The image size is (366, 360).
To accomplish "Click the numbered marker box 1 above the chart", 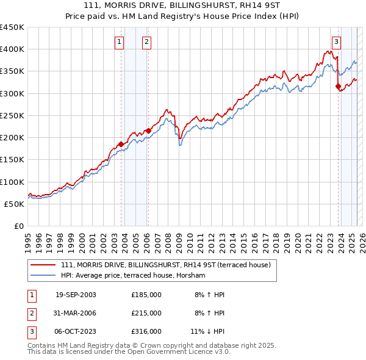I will pyautogui.click(x=118, y=42).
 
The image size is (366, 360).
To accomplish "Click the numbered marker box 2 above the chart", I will pyautogui.click(x=147, y=42).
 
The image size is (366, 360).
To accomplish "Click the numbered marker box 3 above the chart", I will pyautogui.click(x=336, y=42).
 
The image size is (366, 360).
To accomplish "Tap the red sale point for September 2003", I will pyautogui.click(x=121, y=144).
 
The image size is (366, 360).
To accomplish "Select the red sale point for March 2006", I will pyautogui.click(x=148, y=131).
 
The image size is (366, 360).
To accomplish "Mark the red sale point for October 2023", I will pyautogui.click(x=338, y=86).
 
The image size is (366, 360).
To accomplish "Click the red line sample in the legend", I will pyautogui.click(x=42, y=265).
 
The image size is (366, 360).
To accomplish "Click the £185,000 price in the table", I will pyautogui.click(x=146, y=295).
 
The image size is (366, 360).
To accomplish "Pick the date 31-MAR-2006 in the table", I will pyautogui.click(x=76, y=313).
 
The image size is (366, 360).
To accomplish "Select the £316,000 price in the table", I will pyautogui.click(x=146, y=331).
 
